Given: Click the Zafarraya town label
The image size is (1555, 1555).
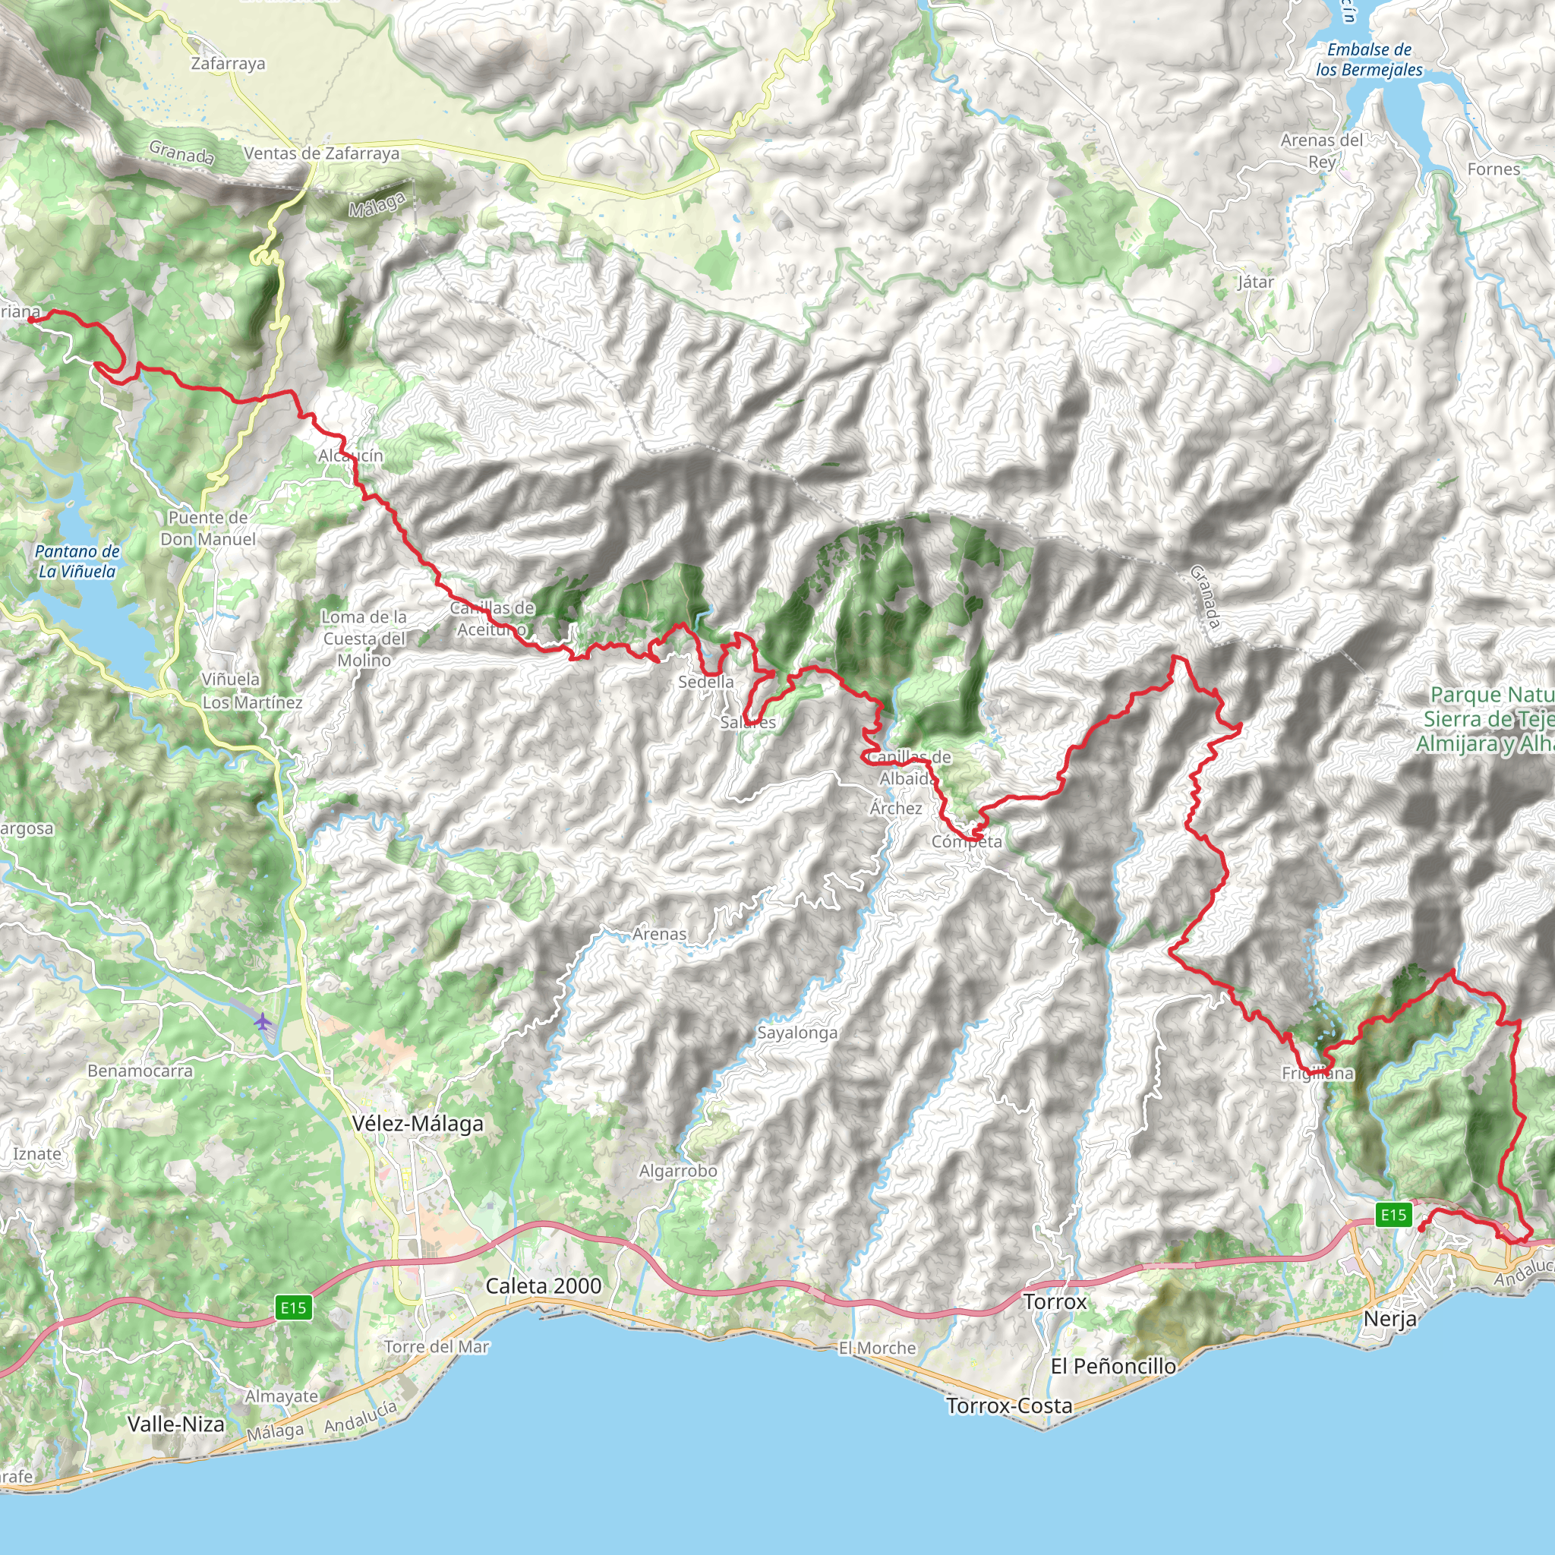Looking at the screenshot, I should point(228,64).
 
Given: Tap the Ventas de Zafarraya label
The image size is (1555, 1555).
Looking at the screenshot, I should point(321,153).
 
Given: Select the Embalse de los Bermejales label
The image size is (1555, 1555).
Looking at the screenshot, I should point(1369,59).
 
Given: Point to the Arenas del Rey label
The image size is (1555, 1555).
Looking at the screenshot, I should point(1322,150).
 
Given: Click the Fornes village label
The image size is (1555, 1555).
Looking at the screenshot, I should point(1493,169).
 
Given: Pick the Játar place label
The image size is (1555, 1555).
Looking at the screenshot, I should point(1256,282).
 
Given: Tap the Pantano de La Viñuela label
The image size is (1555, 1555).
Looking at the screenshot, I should point(77,561).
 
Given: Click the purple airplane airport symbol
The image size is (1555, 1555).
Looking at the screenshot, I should point(263,1022).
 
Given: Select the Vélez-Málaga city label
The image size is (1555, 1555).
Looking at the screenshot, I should point(418,1124).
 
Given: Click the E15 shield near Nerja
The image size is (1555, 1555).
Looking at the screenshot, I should point(1393,1215).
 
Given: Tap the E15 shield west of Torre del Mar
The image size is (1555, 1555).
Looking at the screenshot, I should point(293,1308).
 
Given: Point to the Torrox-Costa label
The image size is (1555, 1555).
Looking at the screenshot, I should point(1009,1406).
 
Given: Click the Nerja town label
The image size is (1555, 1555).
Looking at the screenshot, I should point(1390,1319).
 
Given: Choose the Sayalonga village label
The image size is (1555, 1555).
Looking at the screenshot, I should point(796,1033).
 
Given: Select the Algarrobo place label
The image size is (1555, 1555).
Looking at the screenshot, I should point(678,1171).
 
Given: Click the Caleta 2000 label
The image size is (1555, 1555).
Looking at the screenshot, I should point(544,1286).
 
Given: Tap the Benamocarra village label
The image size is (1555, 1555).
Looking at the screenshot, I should point(140,1071).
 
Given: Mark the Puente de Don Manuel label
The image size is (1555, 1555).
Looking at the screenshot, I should point(207,528).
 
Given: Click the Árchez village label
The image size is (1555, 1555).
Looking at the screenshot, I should point(896,808).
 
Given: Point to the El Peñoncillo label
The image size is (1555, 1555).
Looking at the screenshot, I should point(1113,1366).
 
